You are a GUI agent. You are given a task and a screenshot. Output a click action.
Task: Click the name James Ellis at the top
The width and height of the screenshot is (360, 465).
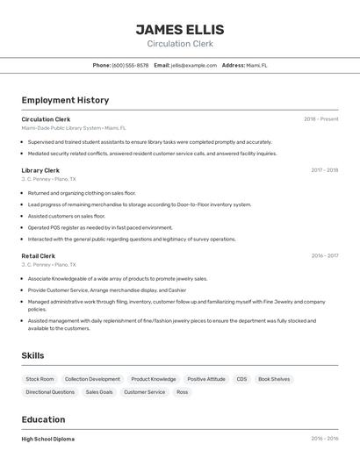[180, 30]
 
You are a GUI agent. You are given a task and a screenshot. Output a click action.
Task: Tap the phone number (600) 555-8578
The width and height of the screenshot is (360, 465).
[130, 65]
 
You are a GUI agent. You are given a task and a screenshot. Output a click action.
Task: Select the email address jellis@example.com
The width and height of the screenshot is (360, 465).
[194, 65]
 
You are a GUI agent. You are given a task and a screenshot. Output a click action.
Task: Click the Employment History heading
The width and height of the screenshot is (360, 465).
[65, 100]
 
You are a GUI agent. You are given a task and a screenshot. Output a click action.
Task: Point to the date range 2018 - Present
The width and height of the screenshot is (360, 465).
[320, 118]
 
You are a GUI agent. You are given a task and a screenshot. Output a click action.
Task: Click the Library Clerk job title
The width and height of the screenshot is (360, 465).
[40, 170]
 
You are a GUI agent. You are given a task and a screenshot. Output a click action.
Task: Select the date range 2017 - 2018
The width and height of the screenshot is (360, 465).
[324, 170]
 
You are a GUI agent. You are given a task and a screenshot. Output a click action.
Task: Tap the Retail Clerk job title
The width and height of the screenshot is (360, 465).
[39, 256]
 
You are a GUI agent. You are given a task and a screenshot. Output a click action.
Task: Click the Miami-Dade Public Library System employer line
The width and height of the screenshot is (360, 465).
[74, 128]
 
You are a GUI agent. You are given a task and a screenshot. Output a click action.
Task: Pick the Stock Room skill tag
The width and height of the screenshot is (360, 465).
[40, 379]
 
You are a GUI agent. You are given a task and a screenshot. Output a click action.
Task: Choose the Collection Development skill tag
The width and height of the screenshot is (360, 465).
[92, 379]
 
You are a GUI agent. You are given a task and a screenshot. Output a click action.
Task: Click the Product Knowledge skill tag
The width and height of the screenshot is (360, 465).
[154, 379]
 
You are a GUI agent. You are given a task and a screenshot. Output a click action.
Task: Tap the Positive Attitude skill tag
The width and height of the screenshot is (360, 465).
[206, 379]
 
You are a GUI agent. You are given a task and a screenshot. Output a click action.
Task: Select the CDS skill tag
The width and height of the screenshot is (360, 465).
[241, 379]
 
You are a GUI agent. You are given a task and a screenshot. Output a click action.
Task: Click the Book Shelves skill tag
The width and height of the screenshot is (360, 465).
[274, 379]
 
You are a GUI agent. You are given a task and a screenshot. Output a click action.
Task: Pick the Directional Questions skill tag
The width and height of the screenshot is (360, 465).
[50, 392]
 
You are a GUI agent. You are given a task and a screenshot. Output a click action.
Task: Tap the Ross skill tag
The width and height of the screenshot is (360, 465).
[183, 392]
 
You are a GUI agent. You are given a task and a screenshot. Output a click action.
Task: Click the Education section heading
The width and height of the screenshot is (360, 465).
[43, 419]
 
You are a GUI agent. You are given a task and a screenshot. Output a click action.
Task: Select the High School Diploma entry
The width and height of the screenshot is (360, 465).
[48, 439]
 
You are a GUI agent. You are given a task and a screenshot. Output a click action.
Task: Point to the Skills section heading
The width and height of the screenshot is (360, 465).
[32, 355]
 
